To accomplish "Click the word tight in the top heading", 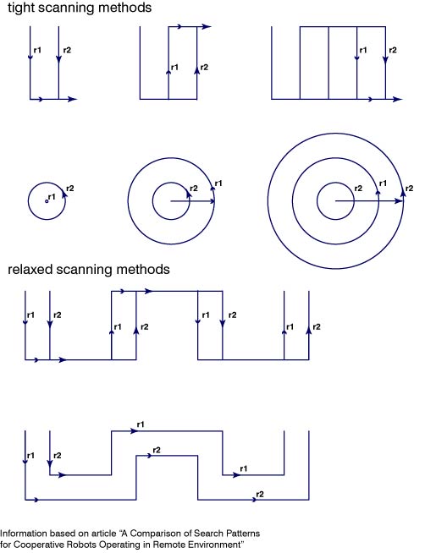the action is click(x=21, y=8).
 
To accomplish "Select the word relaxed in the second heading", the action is click(x=30, y=270).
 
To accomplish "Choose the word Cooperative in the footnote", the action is click(x=40, y=545).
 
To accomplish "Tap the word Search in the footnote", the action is click(x=201, y=534).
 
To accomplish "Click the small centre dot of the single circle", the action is click(x=47, y=201).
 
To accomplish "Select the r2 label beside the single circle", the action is click(x=70, y=189).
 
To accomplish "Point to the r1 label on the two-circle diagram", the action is click(x=218, y=183).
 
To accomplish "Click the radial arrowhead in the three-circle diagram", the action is click(x=399, y=201).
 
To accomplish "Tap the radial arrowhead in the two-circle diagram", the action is click(x=211, y=201).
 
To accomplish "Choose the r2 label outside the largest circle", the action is click(x=409, y=189).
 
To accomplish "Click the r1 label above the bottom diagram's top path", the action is click(x=141, y=424).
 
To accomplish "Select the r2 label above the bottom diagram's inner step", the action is click(x=157, y=450).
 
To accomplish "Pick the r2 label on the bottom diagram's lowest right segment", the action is click(x=259, y=495).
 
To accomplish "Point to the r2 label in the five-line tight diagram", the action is click(x=393, y=50).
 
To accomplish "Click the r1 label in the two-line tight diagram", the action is click(x=37, y=50).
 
